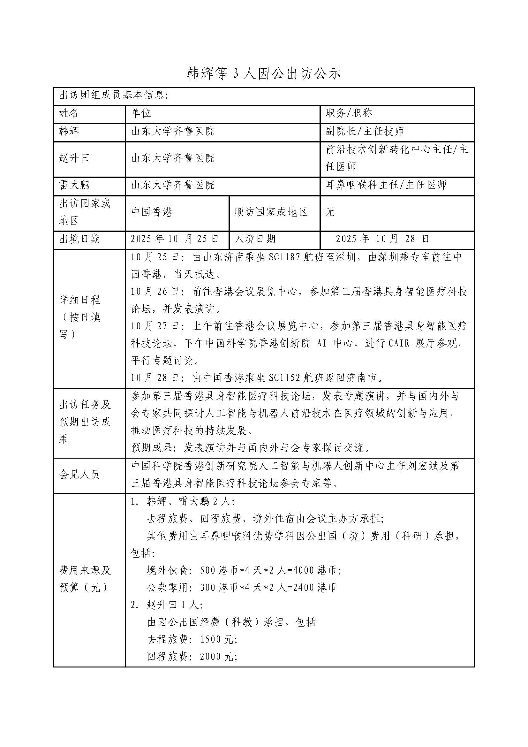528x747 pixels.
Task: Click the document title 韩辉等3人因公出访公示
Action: [264, 74]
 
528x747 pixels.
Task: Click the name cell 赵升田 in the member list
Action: [74, 158]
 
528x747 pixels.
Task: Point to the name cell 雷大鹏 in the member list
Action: [74, 185]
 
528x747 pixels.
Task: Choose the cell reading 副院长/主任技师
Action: [365, 132]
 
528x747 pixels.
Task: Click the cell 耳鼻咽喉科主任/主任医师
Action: [386, 185]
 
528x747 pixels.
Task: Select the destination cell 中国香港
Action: [152, 212]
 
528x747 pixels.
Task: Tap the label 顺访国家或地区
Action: [271, 212]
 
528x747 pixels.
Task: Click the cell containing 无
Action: [330, 212]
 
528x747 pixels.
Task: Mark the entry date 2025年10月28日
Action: [383, 239]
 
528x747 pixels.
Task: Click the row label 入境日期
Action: [255, 239]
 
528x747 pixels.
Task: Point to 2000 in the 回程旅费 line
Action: [210, 657]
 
